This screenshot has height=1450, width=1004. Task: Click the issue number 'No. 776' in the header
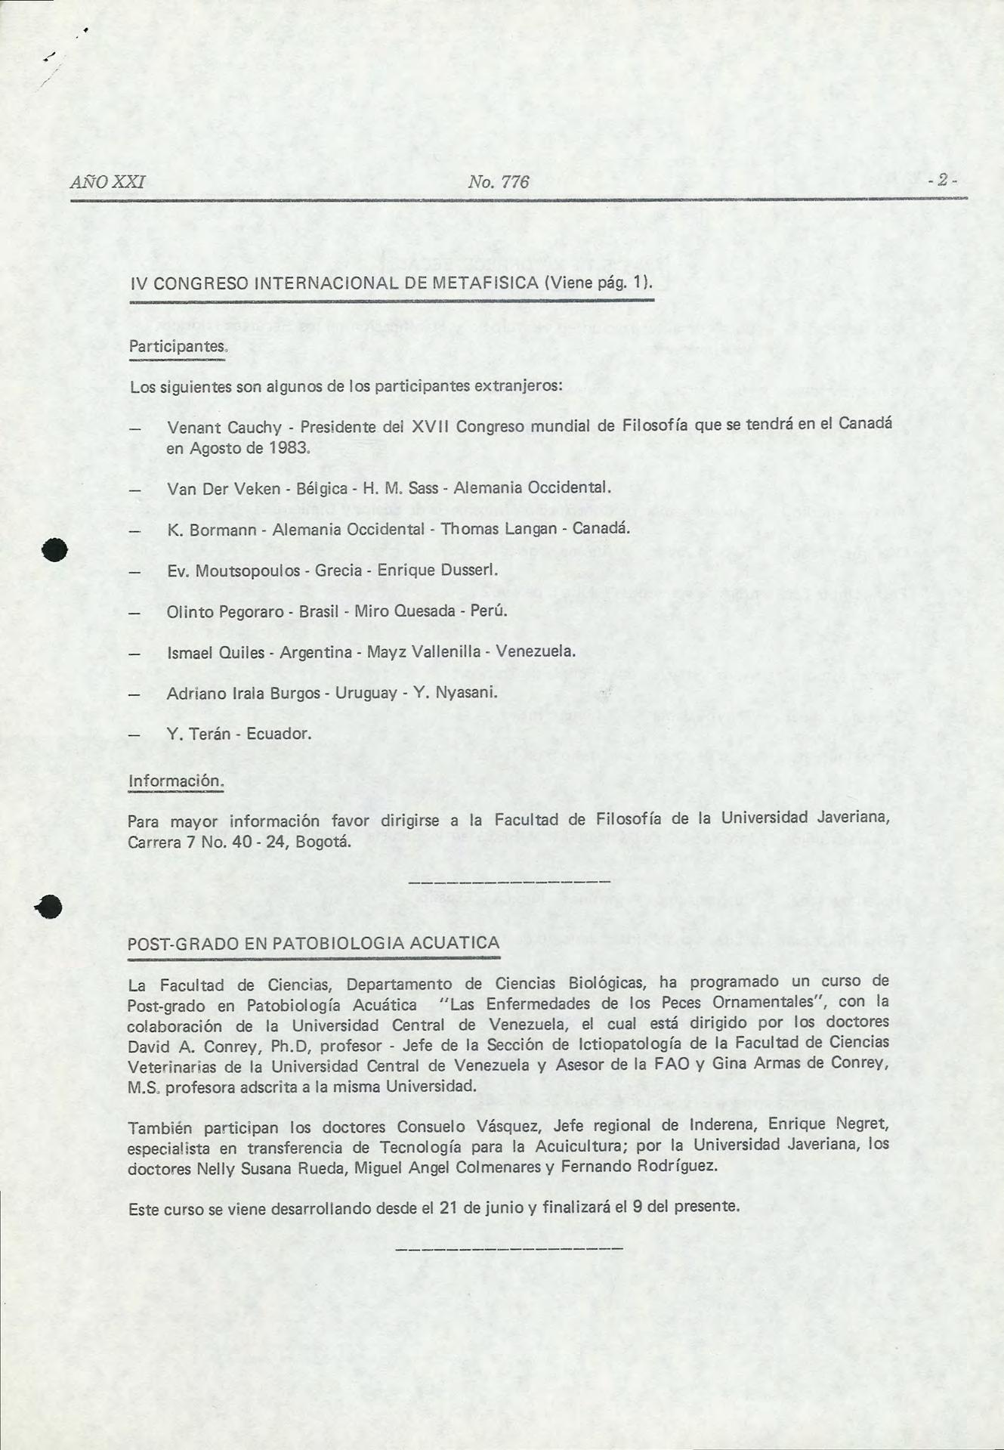(498, 182)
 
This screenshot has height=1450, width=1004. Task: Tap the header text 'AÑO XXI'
(107, 182)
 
